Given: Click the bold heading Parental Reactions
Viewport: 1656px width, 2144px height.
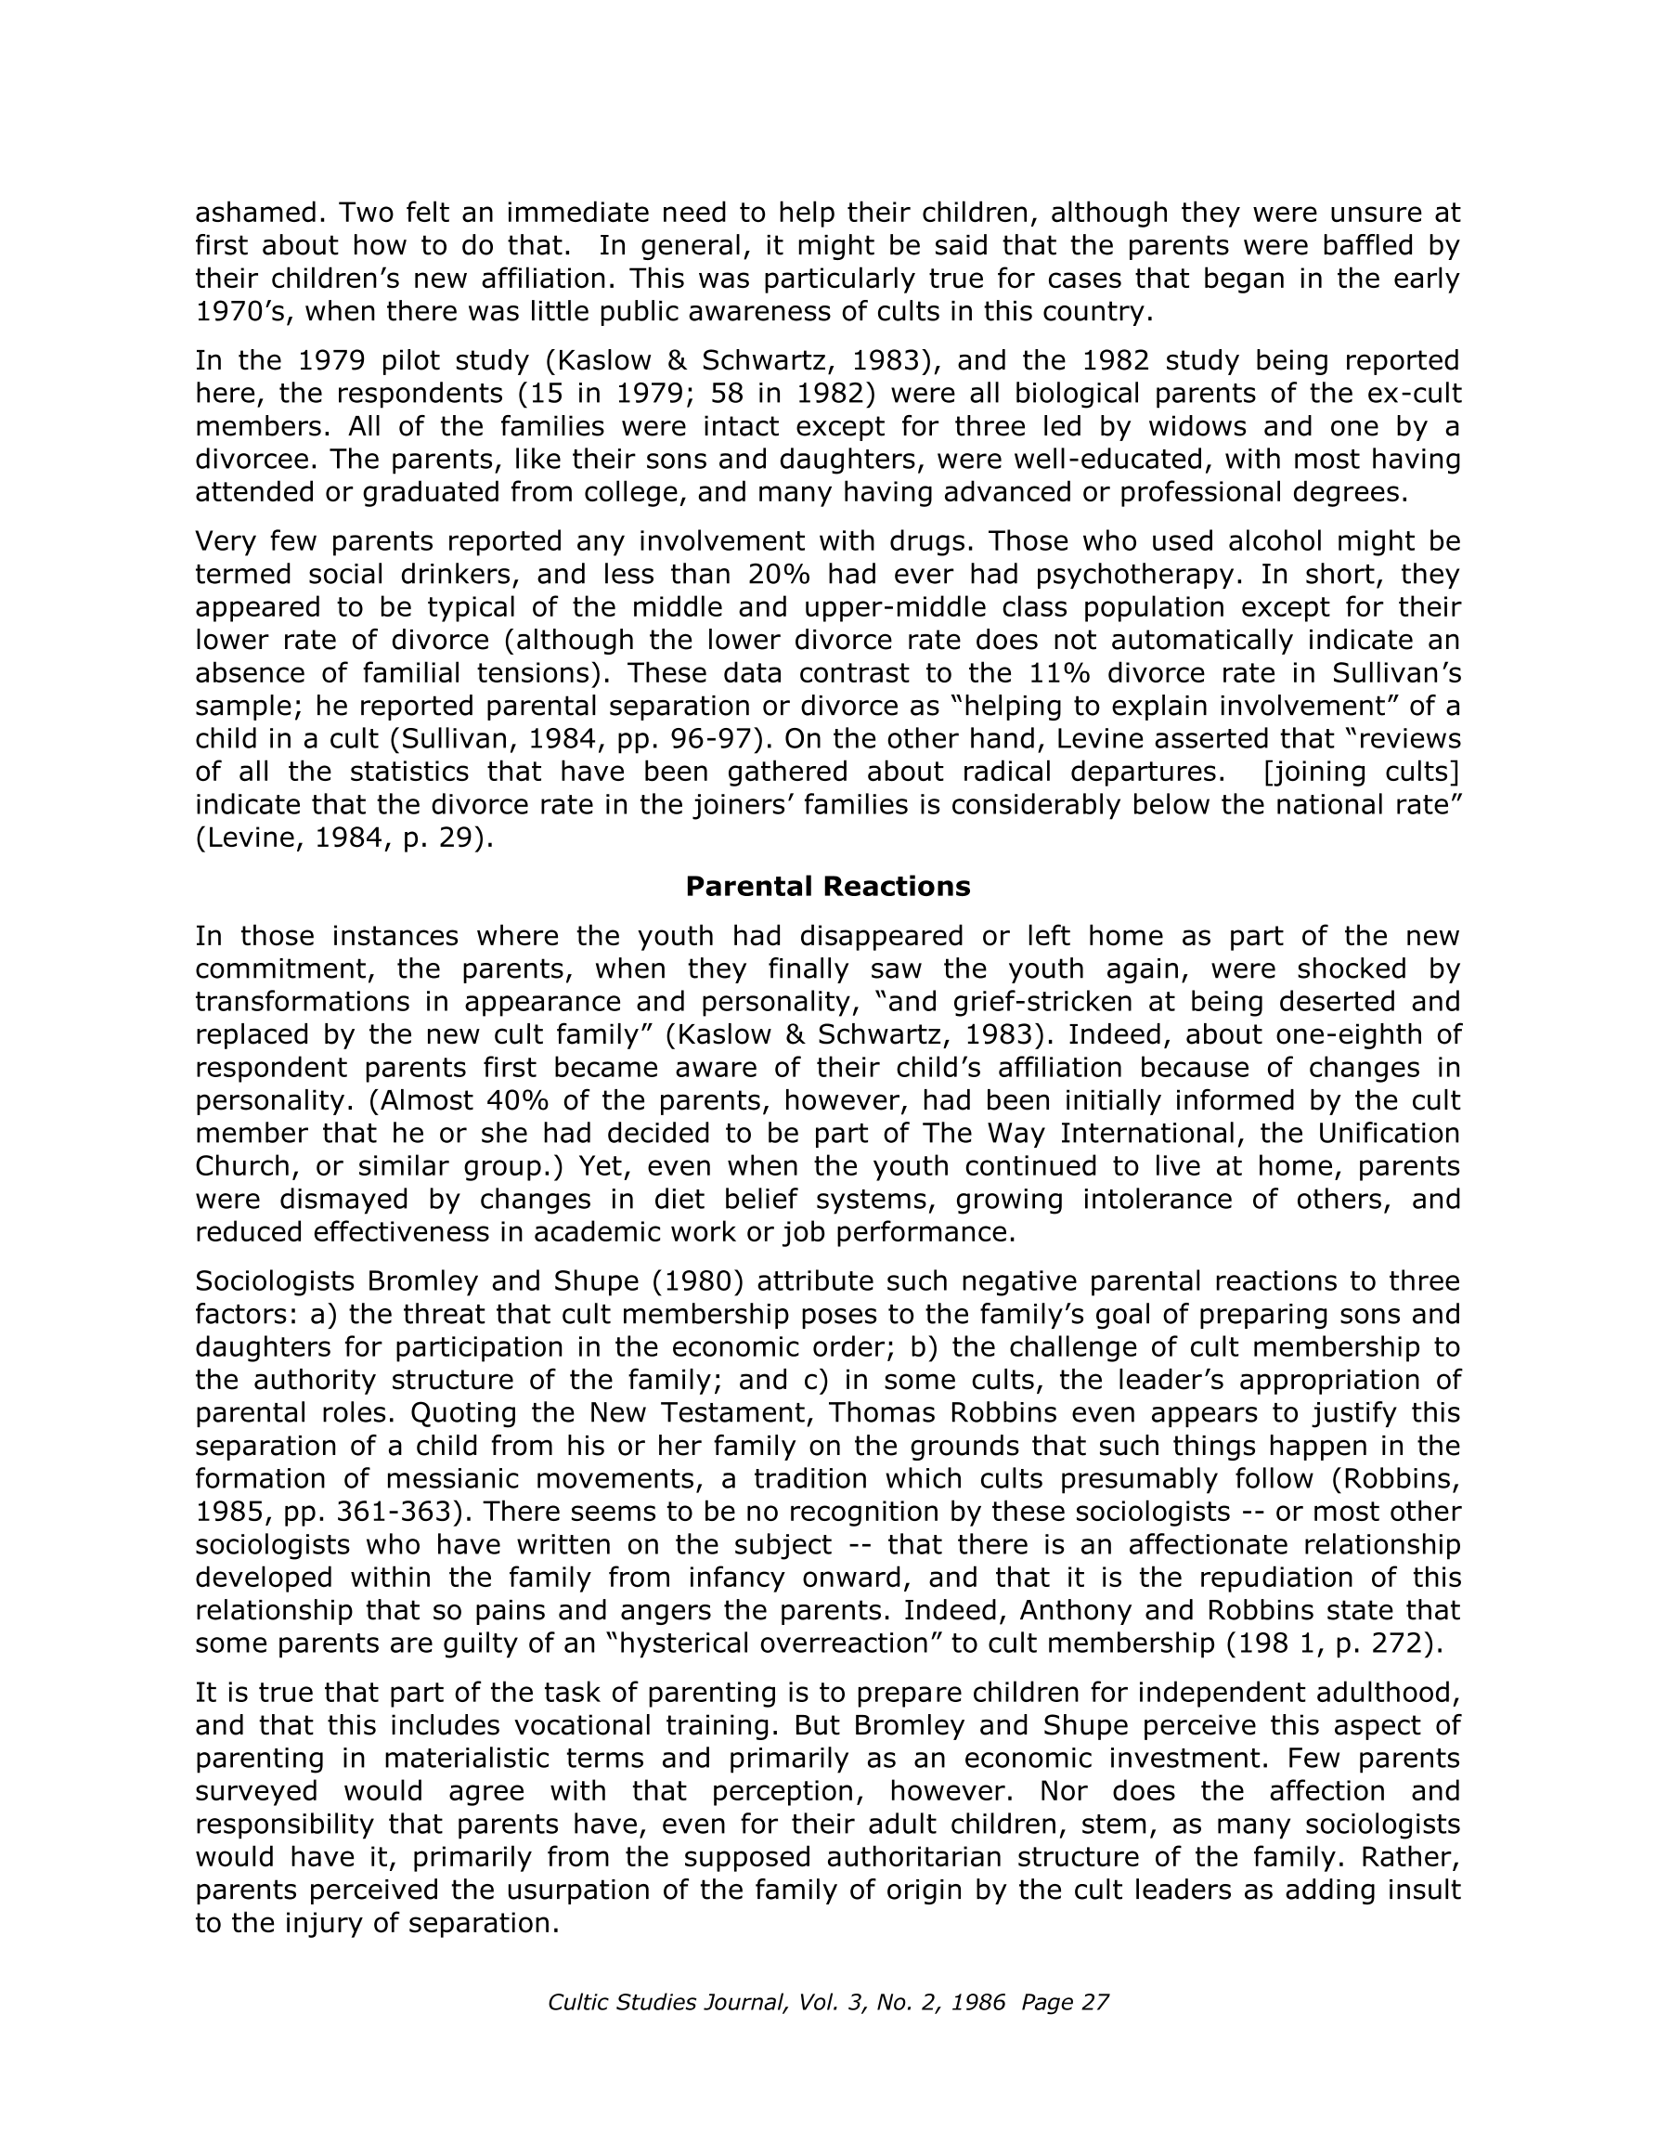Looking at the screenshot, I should point(826,887).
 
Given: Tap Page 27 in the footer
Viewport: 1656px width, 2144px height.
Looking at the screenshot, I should point(1064,2002).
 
